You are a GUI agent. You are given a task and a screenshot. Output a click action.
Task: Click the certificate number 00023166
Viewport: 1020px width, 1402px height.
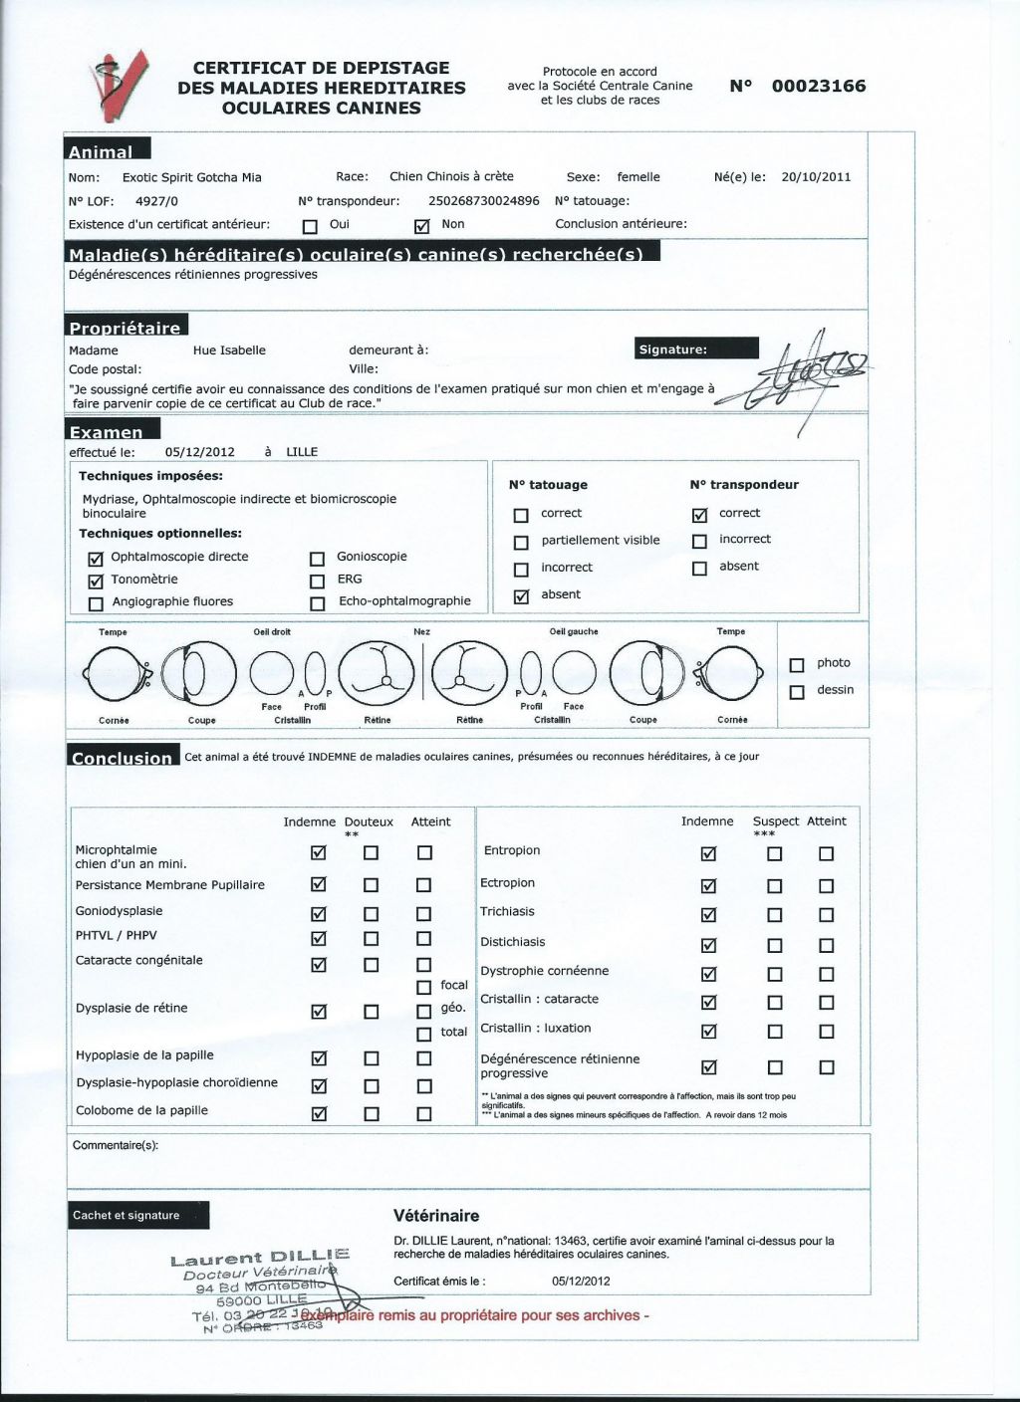point(818,87)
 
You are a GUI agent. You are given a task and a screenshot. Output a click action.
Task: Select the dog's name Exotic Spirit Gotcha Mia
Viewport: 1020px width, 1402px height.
point(191,177)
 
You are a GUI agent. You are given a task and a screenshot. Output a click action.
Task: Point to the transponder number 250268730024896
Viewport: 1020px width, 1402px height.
point(483,201)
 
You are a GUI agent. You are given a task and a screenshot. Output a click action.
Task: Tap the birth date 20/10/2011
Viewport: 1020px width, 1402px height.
point(816,177)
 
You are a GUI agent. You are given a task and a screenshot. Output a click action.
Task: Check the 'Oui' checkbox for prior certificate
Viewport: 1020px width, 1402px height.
point(310,225)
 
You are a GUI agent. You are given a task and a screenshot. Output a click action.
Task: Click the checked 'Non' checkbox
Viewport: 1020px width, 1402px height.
point(420,225)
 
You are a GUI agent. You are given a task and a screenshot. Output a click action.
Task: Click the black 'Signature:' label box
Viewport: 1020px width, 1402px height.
point(696,349)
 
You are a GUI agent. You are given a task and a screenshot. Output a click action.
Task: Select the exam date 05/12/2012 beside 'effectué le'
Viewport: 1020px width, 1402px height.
point(199,452)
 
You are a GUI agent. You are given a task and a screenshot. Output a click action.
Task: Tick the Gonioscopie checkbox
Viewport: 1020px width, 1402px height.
point(318,558)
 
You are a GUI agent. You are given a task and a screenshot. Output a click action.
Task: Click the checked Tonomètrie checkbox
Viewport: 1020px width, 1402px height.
point(96,581)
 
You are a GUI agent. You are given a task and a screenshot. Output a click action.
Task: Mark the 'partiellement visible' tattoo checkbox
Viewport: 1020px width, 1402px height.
point(521,543)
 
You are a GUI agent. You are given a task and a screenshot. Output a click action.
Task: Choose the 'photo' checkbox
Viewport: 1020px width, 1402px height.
point(796,665)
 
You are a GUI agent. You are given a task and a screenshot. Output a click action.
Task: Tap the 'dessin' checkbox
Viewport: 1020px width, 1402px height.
point(796,692)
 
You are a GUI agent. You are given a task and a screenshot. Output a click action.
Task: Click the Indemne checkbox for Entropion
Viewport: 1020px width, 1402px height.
point(708,853)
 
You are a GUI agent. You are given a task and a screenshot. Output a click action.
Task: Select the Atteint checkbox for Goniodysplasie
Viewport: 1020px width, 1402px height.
point(423,913)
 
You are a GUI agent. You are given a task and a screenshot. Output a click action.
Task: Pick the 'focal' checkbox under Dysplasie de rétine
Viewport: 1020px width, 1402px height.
point(423,987)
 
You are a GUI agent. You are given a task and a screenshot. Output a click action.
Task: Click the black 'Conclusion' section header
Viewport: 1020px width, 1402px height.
point(123,758)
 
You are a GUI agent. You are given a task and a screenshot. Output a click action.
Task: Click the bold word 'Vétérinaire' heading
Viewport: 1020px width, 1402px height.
point(436,1216)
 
